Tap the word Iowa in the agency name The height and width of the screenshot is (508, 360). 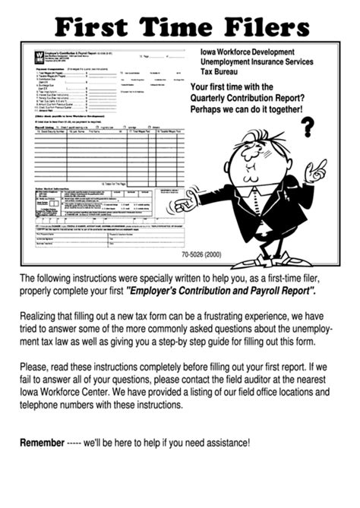210,52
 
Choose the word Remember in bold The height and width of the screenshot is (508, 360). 43,443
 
